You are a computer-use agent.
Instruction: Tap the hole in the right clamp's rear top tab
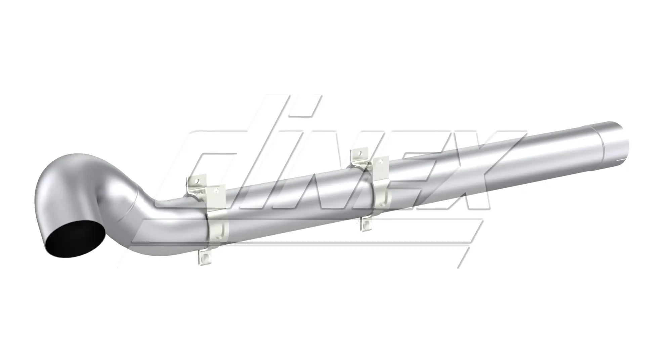[x=360, y=153]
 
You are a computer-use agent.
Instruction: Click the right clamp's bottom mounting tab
[x=367, y=224]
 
